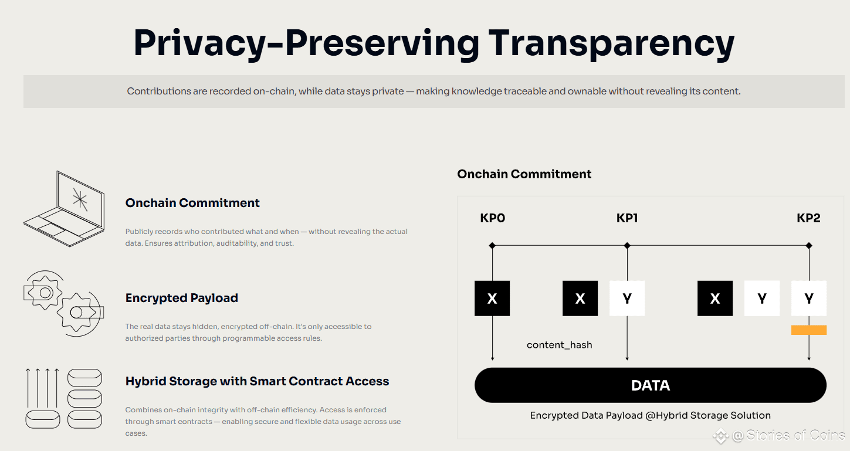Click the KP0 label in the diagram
tap(493, 218)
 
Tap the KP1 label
tap(627, 218)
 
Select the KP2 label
tap(808, 218)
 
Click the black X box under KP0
tap(492, 299)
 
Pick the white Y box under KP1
tap(627, 299)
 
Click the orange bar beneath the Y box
tap(808, 330)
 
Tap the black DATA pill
tap(651, 385)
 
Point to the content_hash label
tap(559, 345)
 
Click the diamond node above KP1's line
tap(627, 245)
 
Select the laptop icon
tap(64, 209)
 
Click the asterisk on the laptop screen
tap(80, 199)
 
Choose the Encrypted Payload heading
tap(182, 298)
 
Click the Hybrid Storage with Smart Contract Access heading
tap(258, 381)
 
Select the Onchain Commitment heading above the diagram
tap(524, 174)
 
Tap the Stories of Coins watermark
tap(779, 435)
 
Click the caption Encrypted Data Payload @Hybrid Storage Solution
tap(651, 415)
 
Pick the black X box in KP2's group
tap(715, 299)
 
